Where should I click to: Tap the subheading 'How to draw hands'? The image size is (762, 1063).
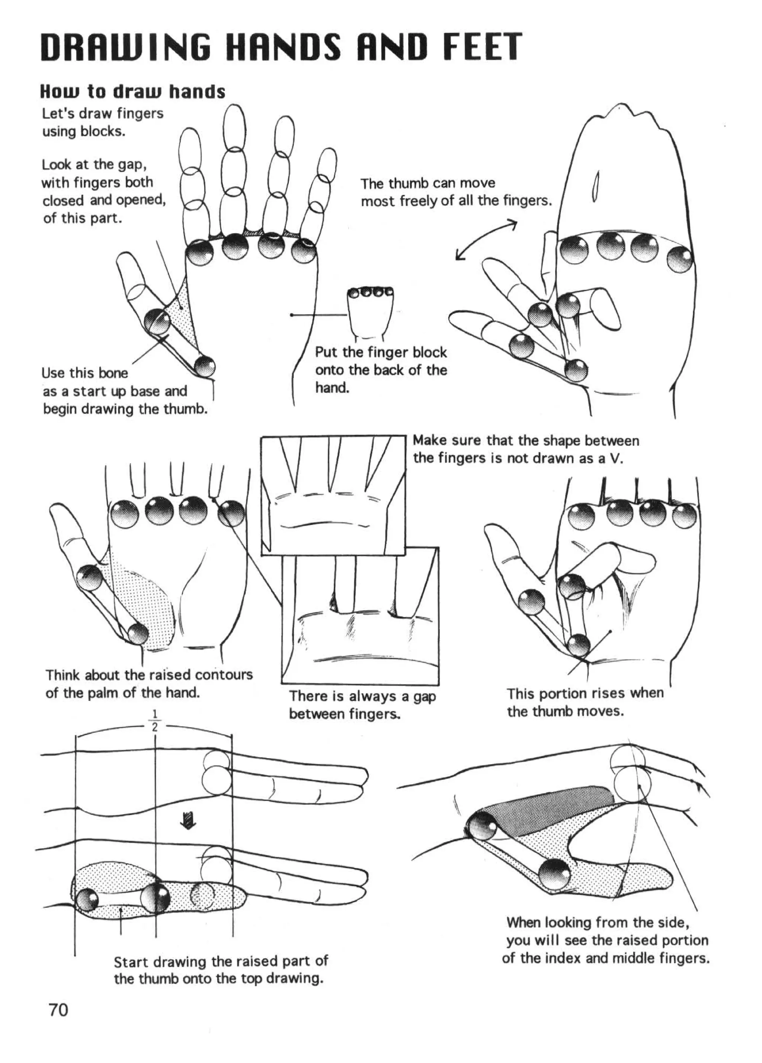point(132,92)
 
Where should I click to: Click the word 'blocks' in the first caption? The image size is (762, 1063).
point(107,131)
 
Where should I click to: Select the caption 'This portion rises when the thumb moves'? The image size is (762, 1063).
point(585,702)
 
